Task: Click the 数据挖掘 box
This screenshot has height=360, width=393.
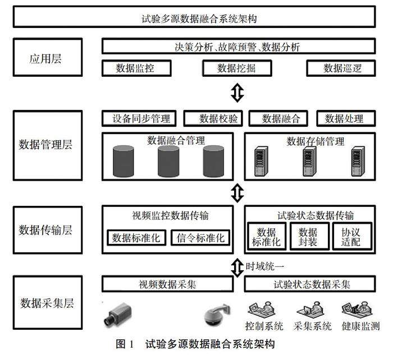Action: [x=236, y=68]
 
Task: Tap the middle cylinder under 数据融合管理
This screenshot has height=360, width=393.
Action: [x=168, y=160]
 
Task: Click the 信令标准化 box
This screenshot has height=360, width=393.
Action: [x=200, y=237]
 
